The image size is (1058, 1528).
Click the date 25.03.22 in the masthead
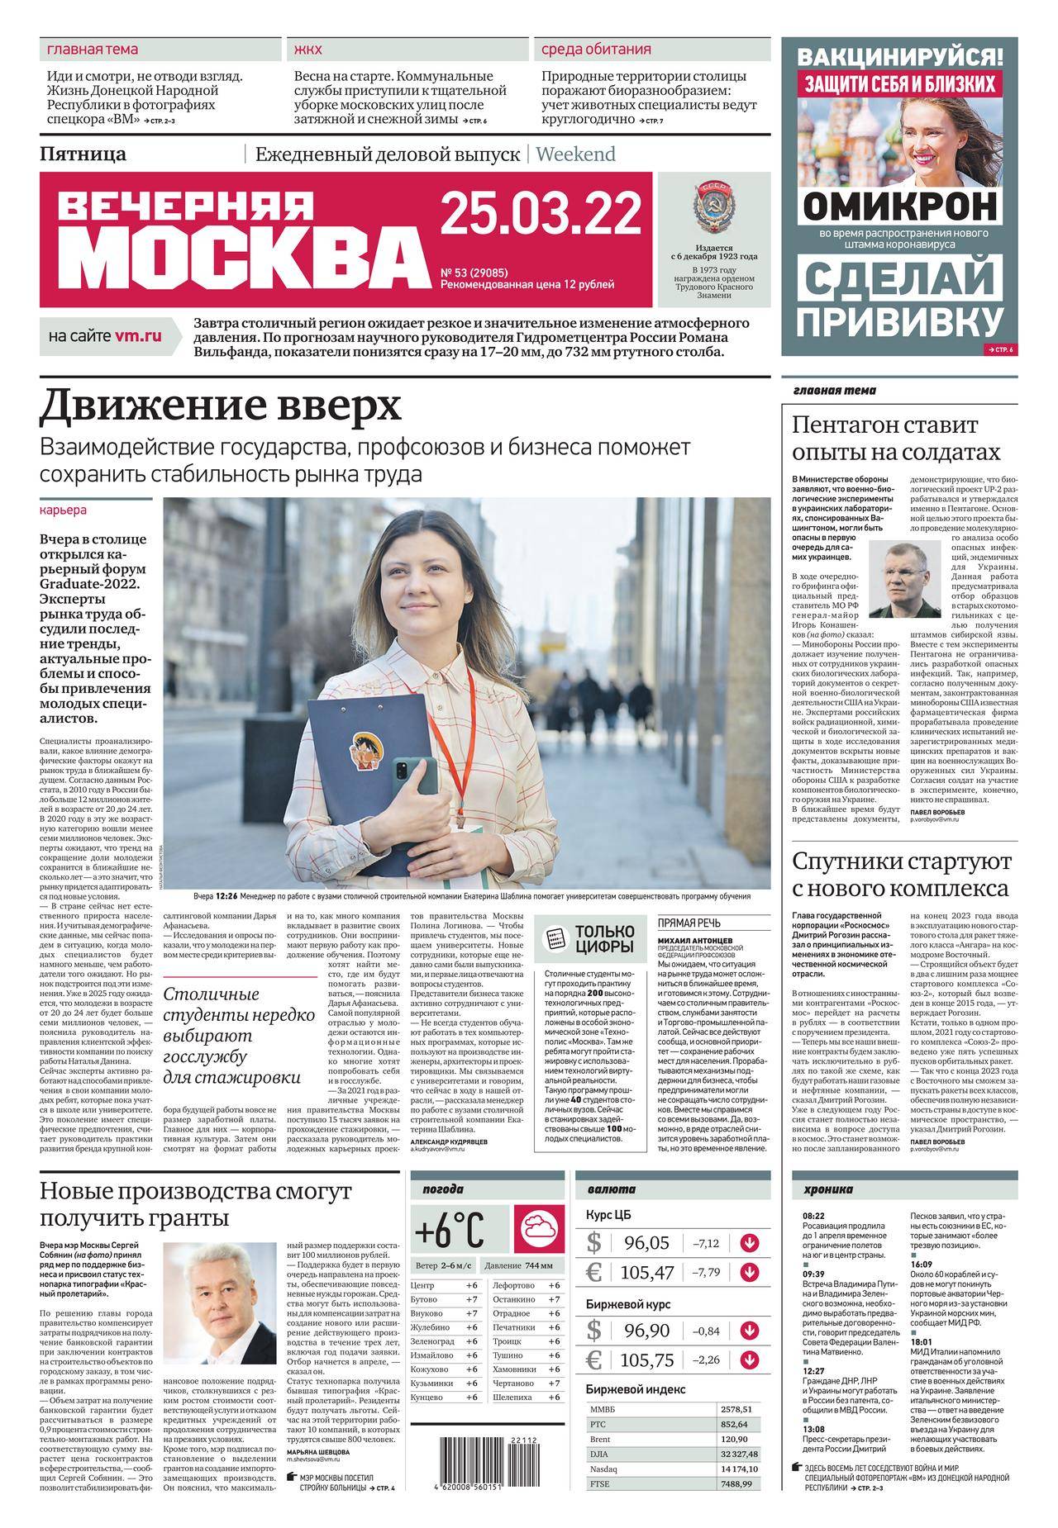541,213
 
